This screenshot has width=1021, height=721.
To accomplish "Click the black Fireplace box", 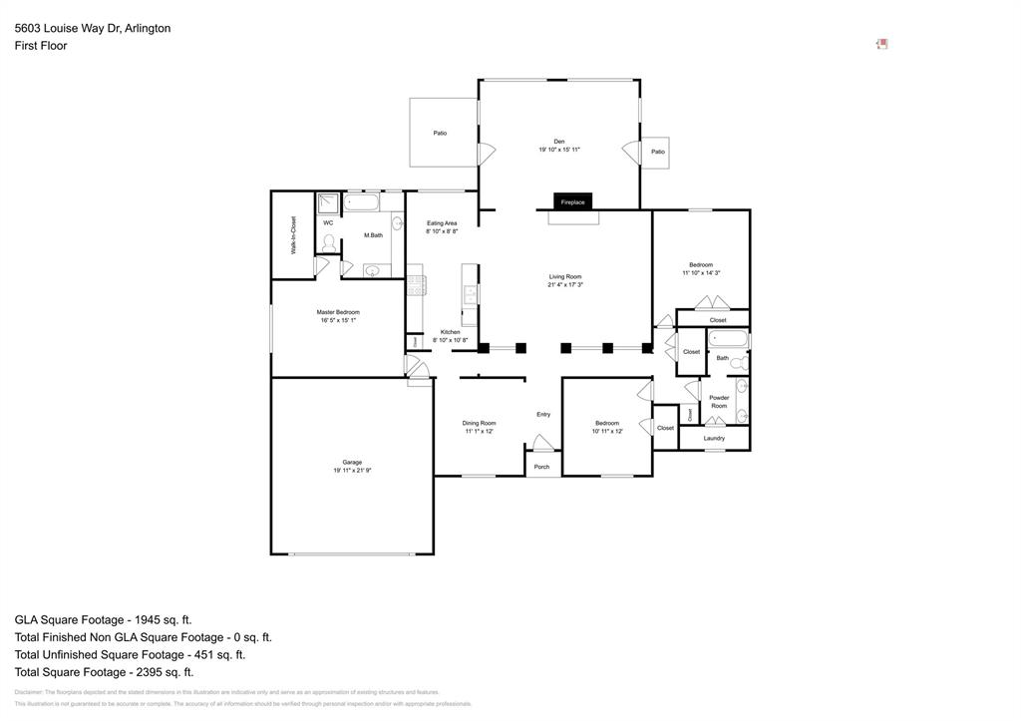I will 572,201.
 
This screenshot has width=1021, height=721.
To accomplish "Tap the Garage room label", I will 352,463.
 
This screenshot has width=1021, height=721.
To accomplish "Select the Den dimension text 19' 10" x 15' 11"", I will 559,150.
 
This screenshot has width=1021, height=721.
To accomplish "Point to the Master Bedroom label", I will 339,312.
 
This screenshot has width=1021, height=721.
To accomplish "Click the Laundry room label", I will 714,438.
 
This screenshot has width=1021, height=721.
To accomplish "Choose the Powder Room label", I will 719,402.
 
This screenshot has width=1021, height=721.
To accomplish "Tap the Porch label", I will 541,467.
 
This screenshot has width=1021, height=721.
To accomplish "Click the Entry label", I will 543,414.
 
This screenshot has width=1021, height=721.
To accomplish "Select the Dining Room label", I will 480,423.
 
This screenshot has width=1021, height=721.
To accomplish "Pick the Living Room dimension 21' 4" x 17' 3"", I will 565,284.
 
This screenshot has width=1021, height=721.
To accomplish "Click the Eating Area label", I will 442,222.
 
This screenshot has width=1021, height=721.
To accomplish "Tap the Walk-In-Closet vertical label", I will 293,235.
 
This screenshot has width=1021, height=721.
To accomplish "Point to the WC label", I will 328,222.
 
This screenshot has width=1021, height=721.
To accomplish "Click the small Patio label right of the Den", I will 658,152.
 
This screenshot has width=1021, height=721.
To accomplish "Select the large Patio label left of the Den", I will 440,133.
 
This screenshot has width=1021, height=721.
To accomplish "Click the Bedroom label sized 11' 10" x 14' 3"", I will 701,264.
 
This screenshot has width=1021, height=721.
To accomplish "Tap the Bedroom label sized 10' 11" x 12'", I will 607,423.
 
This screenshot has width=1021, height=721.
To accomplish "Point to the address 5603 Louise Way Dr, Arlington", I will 93,28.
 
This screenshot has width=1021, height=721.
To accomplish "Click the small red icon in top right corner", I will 881,44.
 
